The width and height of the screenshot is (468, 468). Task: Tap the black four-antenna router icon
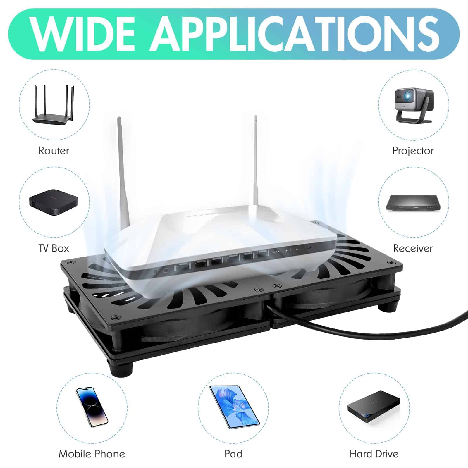tap(53, 105)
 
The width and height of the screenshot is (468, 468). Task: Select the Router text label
tap(54, 151)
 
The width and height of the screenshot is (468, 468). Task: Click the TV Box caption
tap(54, 248)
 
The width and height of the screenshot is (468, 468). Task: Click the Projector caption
tap(413, 151)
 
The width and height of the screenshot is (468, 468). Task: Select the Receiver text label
tap(413, 248)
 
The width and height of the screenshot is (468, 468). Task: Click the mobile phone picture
tap(92, 407)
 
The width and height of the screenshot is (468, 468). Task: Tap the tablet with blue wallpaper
tap(234, 407)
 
